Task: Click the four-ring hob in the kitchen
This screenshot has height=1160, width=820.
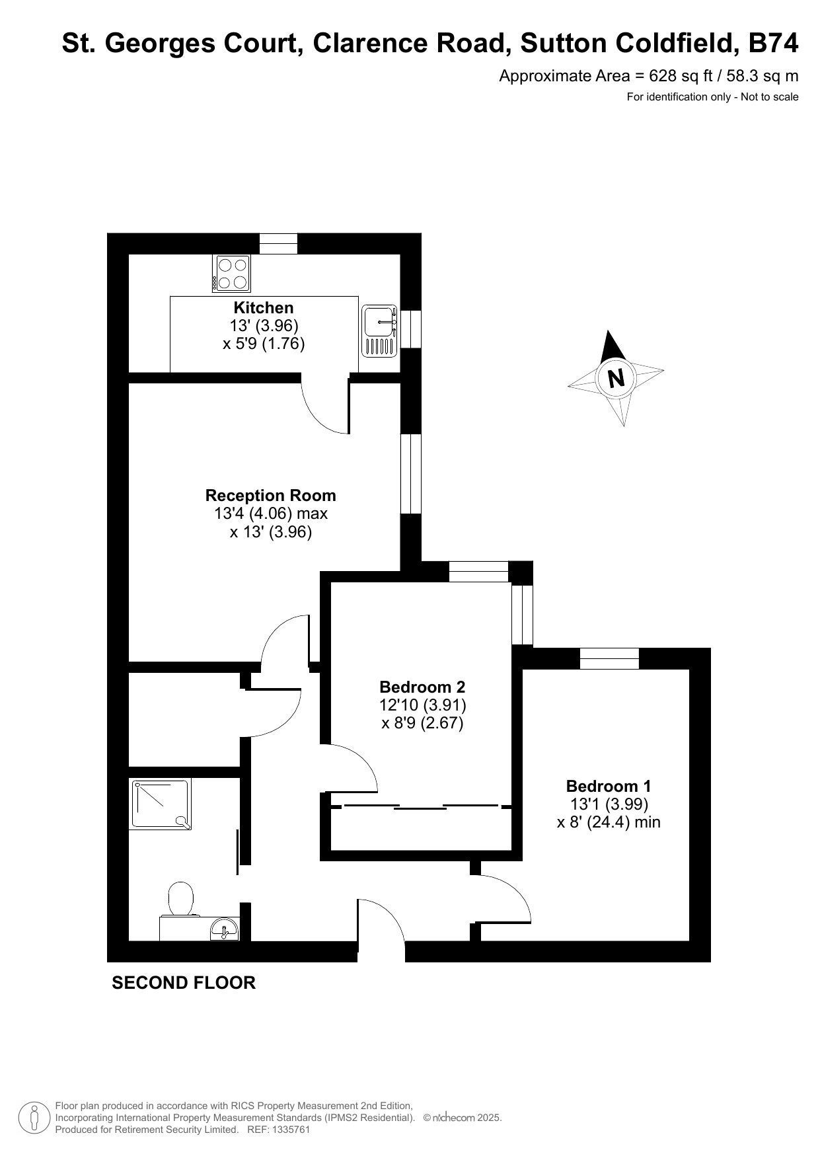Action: [231, 274]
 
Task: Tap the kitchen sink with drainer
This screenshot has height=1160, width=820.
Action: [379, 331]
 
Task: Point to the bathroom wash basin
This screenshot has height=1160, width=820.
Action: [225, 929]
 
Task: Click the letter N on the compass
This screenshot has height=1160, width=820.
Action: [616, 379]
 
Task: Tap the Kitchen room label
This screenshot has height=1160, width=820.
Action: [264, 307]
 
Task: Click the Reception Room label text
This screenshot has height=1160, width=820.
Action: [270, 496]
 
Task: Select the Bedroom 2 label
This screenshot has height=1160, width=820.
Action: [422, 687]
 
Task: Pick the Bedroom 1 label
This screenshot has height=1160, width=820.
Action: [609, 787]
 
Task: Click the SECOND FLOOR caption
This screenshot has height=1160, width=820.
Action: [184, 983]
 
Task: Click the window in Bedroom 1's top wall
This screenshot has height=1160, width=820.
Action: [609, 659]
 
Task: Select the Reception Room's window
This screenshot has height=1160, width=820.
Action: [411, 473]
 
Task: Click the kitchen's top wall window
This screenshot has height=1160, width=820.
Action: [278, 244]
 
